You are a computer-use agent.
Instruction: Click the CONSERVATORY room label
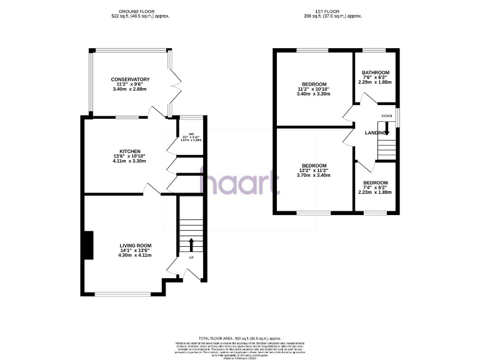click(131, 79)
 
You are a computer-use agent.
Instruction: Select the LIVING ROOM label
click(136, 246)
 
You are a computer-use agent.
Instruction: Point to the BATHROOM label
click(376, 72)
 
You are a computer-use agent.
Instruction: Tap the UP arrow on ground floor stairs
click(191, 244)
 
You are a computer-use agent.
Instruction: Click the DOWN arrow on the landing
click(386, 129)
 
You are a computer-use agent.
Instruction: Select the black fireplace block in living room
click(89, 244)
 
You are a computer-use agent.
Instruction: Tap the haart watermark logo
click(239, 183)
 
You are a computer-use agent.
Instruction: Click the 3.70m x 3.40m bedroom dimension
click(314, 176)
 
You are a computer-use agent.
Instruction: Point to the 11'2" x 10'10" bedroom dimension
click(314, 89)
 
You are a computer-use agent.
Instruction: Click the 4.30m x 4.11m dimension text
click(136, 257)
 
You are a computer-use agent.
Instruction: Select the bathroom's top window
click(375, 49)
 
